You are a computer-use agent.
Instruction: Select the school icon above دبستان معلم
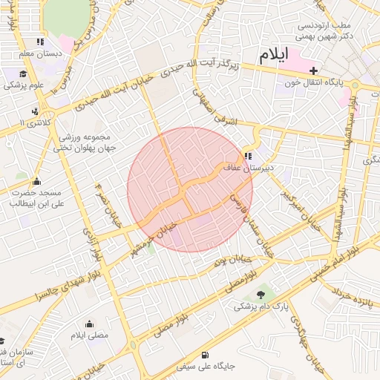39,42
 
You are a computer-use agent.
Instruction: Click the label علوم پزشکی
26,85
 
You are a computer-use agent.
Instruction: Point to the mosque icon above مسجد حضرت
36,181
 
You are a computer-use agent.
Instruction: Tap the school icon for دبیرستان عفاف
247,157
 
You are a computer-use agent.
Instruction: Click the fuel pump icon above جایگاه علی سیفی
205,355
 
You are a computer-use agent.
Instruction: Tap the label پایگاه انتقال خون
320,83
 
